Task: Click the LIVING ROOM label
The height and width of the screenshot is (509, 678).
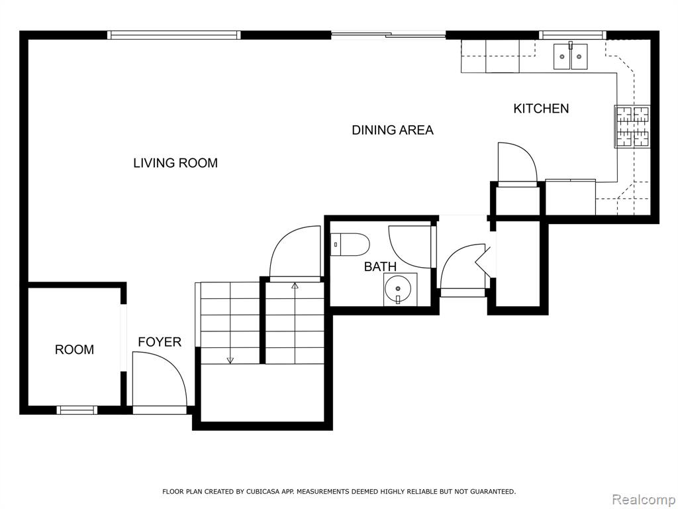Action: (x=175, y=163)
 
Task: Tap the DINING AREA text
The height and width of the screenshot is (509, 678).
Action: (x=393, y=131)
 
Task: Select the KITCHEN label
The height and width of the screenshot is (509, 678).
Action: (x=541, y=109)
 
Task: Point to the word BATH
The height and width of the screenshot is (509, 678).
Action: (x=380, y=266)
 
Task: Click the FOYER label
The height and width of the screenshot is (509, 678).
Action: (x=160, y=343)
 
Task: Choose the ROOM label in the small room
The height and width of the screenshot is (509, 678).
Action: (x=74, y=350)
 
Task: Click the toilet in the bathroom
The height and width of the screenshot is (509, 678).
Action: (x=350, y=245)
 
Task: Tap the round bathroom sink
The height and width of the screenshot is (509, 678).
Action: (x=398, y=288)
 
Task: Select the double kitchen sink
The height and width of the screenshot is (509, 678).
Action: (x=570, y=57)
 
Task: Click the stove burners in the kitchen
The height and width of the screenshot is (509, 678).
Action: (x=632, y=127)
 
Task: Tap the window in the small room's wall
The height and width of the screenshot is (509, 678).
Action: (x=77, y=410)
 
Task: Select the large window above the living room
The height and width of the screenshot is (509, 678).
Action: (x=174, y=35)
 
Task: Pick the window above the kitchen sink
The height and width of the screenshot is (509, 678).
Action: (x=573, y=35)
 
